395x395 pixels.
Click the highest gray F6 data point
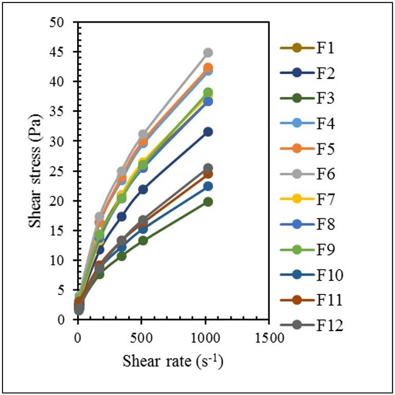(208, 53)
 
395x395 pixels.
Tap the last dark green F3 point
(208, 201)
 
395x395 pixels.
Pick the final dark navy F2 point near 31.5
(208, 131)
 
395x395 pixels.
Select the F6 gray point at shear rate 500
(143, 134)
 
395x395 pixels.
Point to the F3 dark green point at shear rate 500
(143, 240)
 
